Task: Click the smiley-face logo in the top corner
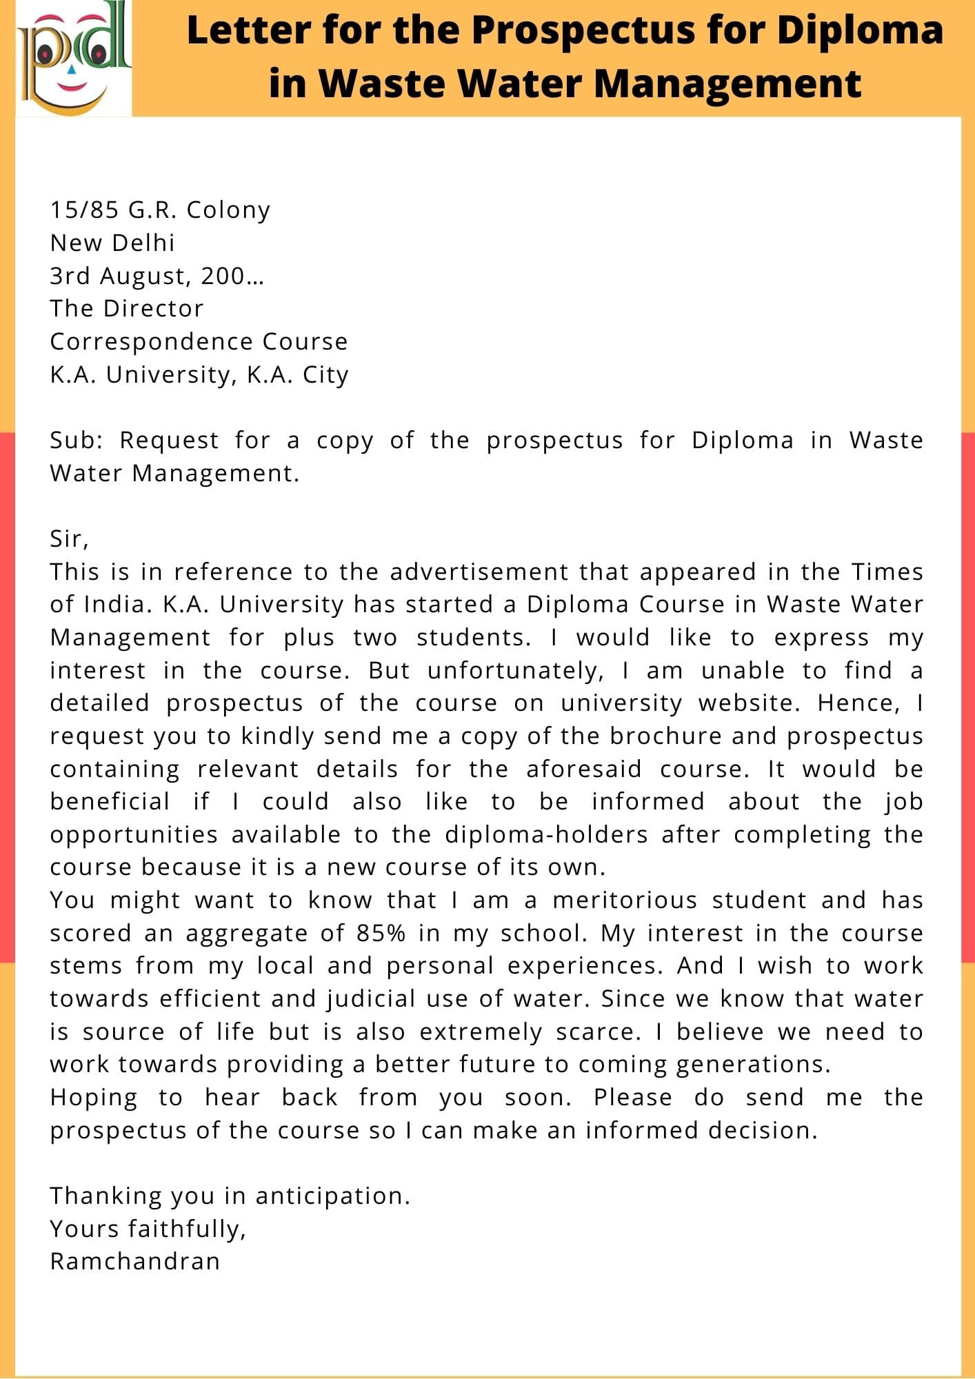coord(73,59)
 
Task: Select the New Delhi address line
coord(112,243)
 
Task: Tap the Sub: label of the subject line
coord(76,441)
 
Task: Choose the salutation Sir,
coord(69,539)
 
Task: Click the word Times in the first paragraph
coord(887,572)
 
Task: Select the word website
coord(749,703)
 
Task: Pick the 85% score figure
coord(381,934)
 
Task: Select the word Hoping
coord(93,1098)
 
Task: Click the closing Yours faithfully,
coord(148,1229)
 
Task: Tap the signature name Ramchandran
coord(135,1262)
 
